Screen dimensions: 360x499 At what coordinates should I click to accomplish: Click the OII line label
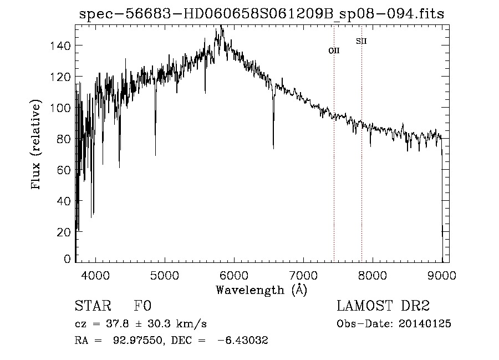point(334,50)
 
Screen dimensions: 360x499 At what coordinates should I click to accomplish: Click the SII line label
point(361,41)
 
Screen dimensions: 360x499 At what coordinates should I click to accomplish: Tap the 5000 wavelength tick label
point(165,275)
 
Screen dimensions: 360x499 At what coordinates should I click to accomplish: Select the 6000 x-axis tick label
point(234,275)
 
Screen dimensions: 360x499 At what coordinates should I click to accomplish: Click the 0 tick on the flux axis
point(68,259)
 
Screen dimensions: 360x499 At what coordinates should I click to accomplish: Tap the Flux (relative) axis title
point(37,145)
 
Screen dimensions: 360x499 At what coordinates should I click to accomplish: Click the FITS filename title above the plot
point(262,13)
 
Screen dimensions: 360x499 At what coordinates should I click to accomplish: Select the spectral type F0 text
point(143,306)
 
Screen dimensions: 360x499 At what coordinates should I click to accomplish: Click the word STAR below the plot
point(93,306)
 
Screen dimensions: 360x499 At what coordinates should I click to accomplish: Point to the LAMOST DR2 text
point(383,306)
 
